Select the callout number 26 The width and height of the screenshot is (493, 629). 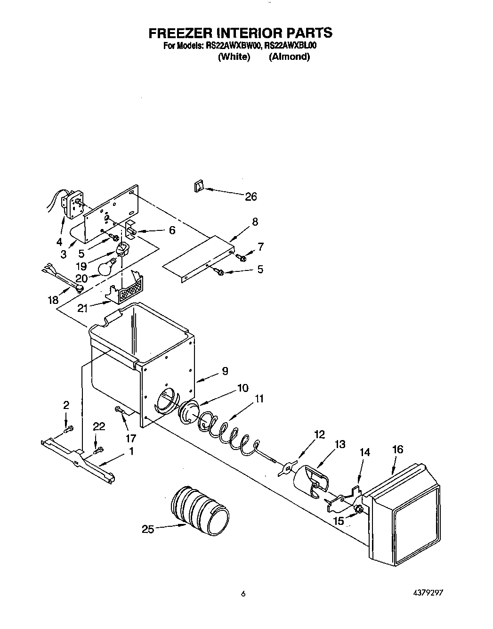pyautogui.click(x=251, y=196)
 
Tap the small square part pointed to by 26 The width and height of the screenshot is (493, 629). pyautogui.click(x=198, y=187)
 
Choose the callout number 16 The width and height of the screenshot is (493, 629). pyautogui.click(x=397, y=449)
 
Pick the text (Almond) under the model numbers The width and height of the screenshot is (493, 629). pyautogui.click(x=289, y=57)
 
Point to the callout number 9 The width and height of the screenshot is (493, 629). pyautogui.click(x=225, y=371)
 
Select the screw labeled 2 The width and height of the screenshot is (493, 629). pyautogui.click(x=68, y=428)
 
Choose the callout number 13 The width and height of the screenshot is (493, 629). pyautogui.click(x=339, y=444)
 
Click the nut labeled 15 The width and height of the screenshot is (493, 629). pyautogui.click(x=358, y=509)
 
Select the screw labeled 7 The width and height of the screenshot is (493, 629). pyautogui.click(x=242, y=257)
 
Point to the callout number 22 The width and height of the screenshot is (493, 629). pyautogui.click(x=98, y=426)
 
